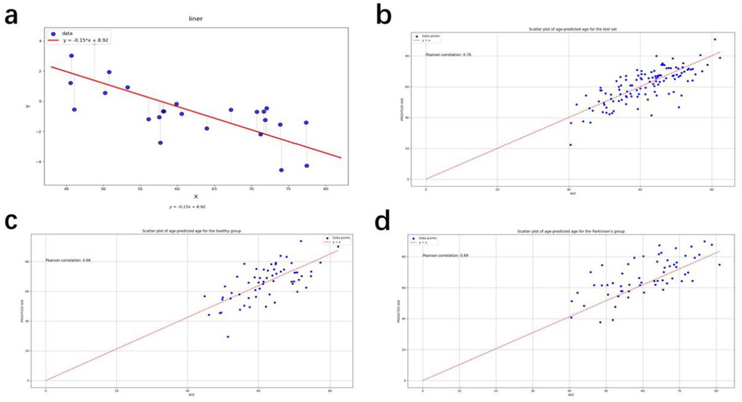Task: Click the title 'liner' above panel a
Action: coord(195,19)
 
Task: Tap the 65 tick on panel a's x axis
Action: coord(214,189)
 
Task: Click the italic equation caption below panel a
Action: coord(187,207)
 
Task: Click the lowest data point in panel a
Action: coord(281,170)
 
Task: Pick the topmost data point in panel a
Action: coord(71,56)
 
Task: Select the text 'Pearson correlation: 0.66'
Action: coord(68,260)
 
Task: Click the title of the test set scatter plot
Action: coord(572,29)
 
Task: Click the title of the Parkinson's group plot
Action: coord(571,231)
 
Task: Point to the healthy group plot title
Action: coord(191,231)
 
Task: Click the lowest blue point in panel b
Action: coord(570,145)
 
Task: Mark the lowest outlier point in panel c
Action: coord(228,336)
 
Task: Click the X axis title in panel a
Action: coord(196,197)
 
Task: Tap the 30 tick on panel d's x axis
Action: coord(533,391)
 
